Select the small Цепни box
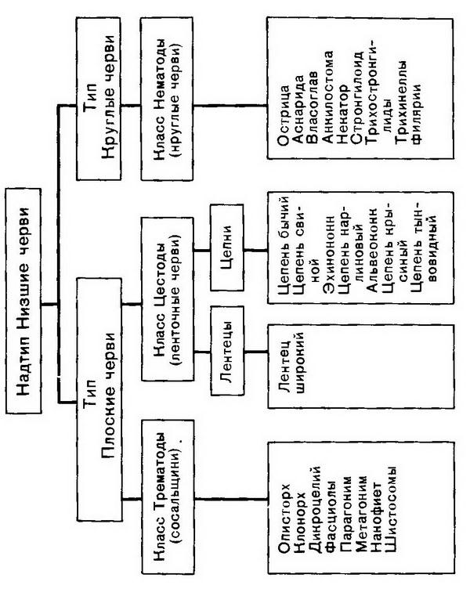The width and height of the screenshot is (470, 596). tap(226, 251)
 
